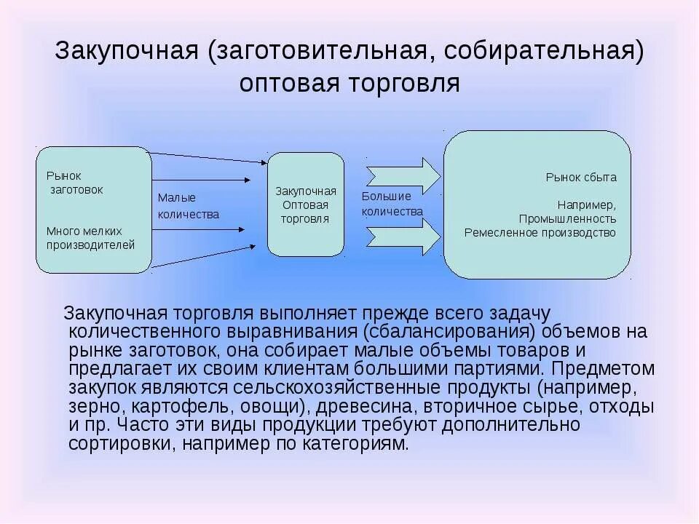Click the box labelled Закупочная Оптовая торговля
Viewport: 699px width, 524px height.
[x=305, y=205]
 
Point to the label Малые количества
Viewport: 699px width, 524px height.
[x=188, y=206]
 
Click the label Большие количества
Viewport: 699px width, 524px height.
[x=392, y=204]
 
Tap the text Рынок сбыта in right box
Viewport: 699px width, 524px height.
[x=581, y=177]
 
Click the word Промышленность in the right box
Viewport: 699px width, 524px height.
[x=567, y=218]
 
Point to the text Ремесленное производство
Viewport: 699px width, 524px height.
[x=540, y=233]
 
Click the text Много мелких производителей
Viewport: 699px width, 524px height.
[x=91, y=238]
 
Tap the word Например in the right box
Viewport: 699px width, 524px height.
[x=586, y=205]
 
